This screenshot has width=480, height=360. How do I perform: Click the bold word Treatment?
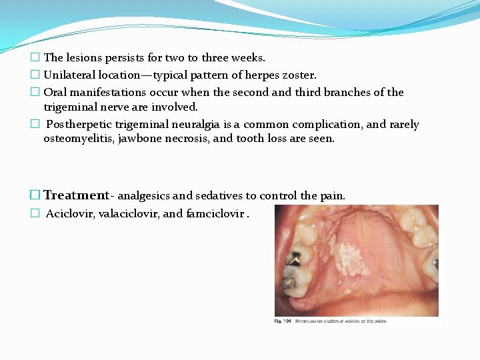click(x=75, y=195)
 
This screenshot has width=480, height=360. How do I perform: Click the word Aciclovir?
click(x=71, y=214)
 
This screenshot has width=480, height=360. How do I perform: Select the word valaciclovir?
click(x=129, y=214)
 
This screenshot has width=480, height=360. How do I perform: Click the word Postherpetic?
click(x=79, y=125)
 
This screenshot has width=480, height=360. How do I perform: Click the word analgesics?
click(x=143, y=196)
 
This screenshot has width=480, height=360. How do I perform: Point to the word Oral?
click(x=55, y=92)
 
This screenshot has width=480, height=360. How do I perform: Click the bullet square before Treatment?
click(x=36, y=195)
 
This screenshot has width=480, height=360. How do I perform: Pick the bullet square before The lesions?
click(x=36, y=59)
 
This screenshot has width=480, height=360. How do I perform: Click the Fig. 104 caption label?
click(x=283, y=321)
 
